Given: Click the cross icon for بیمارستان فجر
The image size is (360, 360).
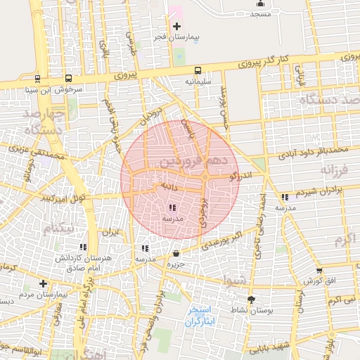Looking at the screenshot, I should tap(176, 26).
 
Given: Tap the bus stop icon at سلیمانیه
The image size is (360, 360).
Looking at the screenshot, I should tap(198, 70).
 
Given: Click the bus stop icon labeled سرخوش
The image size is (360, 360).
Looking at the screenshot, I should tap(68, 79).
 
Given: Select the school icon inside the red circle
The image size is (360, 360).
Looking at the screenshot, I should tap(173, 207).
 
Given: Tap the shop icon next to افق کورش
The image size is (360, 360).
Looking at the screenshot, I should tap(319, 270).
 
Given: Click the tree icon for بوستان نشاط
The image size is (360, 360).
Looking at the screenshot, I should tap(251, 299).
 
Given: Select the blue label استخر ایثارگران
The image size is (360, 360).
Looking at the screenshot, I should tap(202, 316).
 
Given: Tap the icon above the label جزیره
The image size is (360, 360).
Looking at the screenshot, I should tap(175, 254).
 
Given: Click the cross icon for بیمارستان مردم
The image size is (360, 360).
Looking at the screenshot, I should tap(44, 284).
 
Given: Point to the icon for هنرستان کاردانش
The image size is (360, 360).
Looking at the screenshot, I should tap(84, 247).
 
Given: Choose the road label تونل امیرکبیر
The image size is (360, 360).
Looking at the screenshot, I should tap(63, 197).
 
